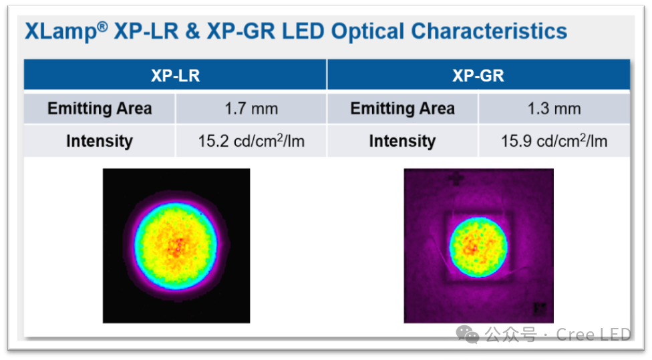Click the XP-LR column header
(175, 75)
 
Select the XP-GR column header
(478, 75)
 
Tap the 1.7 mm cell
(251, 108)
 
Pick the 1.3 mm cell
(554, 108)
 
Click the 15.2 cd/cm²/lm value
(251, 141)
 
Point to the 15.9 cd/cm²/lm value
(554, 141)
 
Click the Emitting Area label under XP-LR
(100, 108)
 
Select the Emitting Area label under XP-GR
(402, 108)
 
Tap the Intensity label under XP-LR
(100, 141)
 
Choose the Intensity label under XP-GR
(402, 141)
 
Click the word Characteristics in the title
(489, 31)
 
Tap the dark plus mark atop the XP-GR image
(456, 178)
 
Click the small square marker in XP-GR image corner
(540, 309)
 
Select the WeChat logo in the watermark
(471, 334)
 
